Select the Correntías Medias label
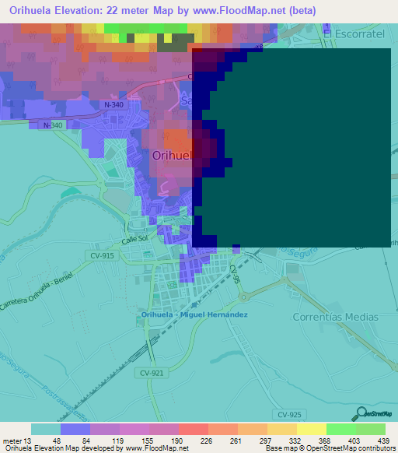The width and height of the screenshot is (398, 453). click(x=335, y=317)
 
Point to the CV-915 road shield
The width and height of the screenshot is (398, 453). click(x=102, y=256)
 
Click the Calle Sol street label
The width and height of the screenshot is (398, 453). click(x=134, y=240)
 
